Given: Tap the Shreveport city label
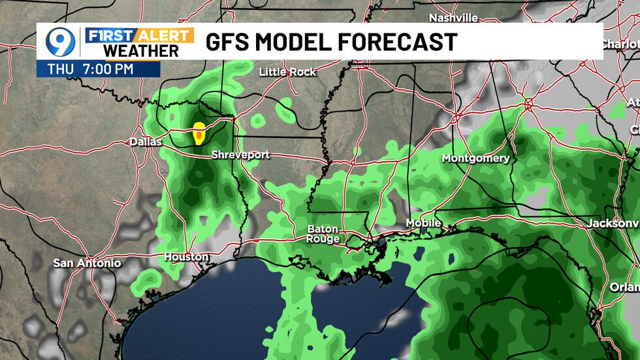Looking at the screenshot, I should pos(240,155).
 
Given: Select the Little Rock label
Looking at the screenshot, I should pos(287,72).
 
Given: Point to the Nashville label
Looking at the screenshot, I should pos(453,18).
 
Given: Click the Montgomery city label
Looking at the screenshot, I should pos(475,158).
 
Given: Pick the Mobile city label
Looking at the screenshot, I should pos(423,223).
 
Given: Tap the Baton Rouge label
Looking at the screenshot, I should pos(323,234).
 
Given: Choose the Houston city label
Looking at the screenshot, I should pos(185,257).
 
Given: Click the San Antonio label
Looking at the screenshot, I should pos(87,263).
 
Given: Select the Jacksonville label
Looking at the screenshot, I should pos(613,223).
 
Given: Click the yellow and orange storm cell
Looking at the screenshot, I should pos(199,135).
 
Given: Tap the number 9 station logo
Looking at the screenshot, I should pos(59,42).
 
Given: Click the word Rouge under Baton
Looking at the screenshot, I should pos(323,239).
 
